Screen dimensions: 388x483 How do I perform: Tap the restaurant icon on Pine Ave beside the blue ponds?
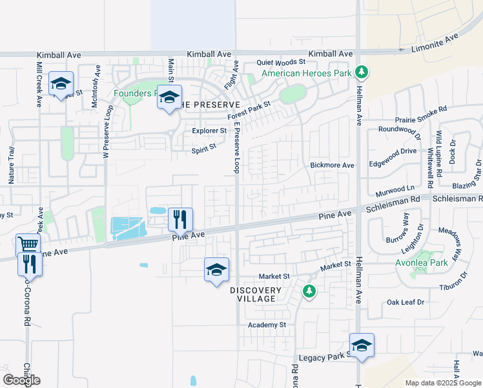point(180,219)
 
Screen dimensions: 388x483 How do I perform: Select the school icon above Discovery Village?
point(216,269)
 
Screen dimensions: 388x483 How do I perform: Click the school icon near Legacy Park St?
point(362,345)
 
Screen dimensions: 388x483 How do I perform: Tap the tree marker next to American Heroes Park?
point(362,72)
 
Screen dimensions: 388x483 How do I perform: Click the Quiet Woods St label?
point(280,62)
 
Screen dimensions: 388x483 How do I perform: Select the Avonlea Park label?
point(421,263)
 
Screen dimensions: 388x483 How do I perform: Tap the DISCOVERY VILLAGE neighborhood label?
point(256,294)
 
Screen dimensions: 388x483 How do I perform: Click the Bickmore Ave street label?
point(332,166)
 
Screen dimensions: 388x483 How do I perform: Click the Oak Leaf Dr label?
point(405,302)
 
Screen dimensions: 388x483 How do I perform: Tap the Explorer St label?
point(209,131)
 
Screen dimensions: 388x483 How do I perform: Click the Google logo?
point(21,380)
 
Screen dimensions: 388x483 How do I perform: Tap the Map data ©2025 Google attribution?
point(444,383)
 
